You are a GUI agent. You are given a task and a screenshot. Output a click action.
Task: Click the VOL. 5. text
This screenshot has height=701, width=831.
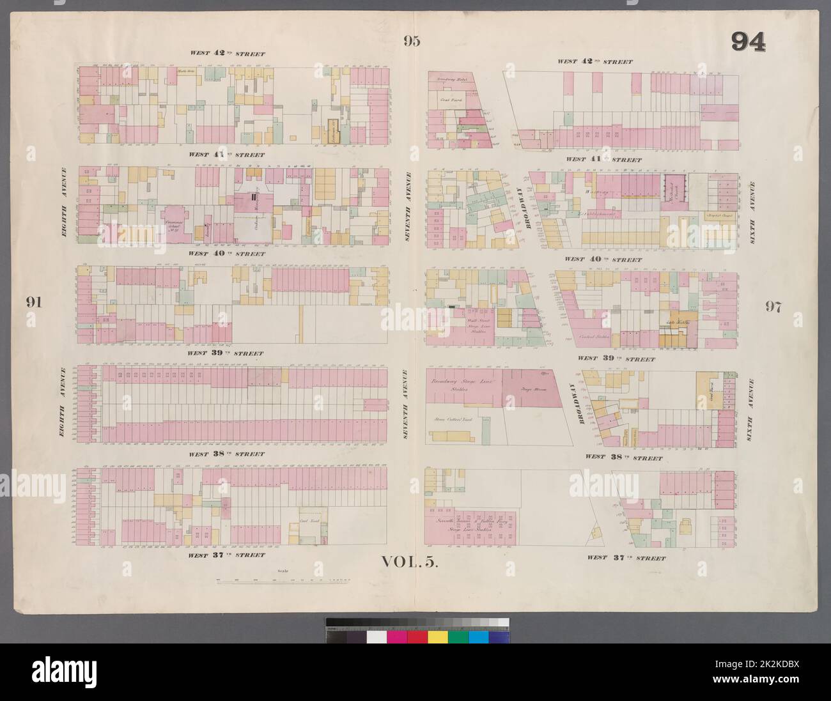[x=410, y=562]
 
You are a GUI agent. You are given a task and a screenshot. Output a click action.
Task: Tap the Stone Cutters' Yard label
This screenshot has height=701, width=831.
[x=451, y=419]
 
